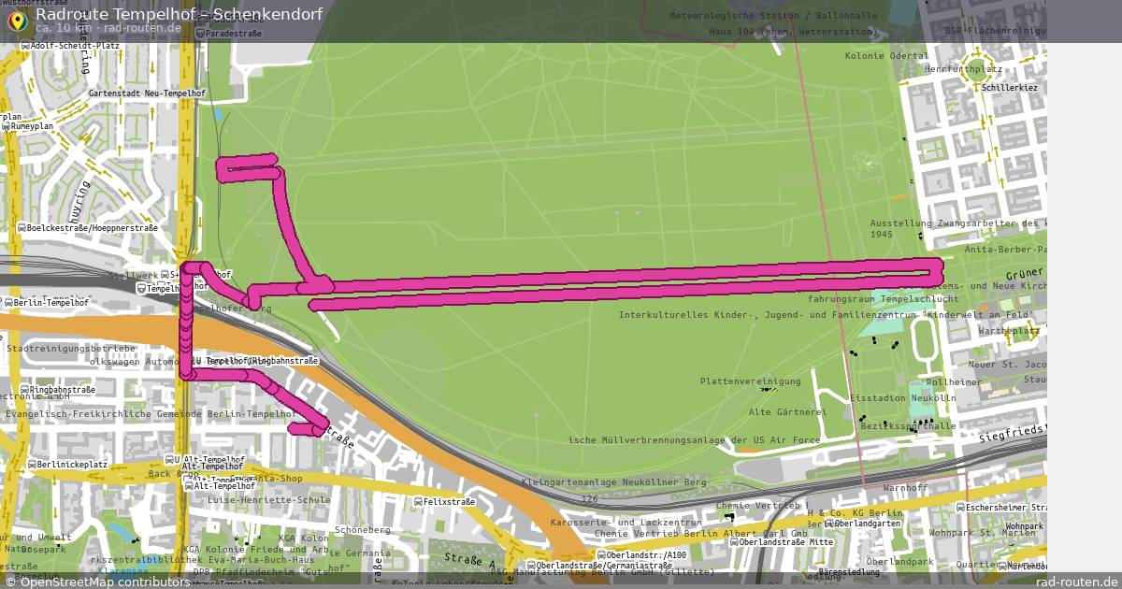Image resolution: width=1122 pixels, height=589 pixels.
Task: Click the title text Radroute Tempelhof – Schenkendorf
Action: click(x=179, y=14)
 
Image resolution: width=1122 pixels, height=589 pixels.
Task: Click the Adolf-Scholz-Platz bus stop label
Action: click(x=74, y=45)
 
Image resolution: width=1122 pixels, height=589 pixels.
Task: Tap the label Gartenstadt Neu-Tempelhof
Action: click(x=147, y=93)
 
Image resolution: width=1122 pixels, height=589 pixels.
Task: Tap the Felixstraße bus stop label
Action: click(x=449, y=502)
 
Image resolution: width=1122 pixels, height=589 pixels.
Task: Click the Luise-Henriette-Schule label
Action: click(x=268, y=499)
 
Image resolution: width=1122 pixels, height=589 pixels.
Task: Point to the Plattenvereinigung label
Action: click(x=750, y=381)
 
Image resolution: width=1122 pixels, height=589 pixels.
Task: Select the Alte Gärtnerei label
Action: click(x=787, y=411)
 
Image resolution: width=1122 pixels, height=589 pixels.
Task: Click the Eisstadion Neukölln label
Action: click(x=902, y=398)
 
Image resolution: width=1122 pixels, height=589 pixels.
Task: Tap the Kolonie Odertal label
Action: click(x=886, y=56)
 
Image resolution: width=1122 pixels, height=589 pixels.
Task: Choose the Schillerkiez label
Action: click(x=1009, y=88)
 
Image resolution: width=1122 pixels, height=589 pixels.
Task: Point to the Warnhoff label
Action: click(x=904, y=488)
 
